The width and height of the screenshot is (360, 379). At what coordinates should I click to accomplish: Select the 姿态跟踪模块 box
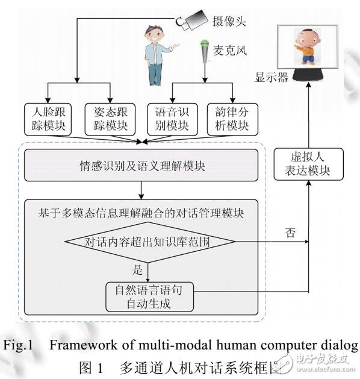111,119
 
